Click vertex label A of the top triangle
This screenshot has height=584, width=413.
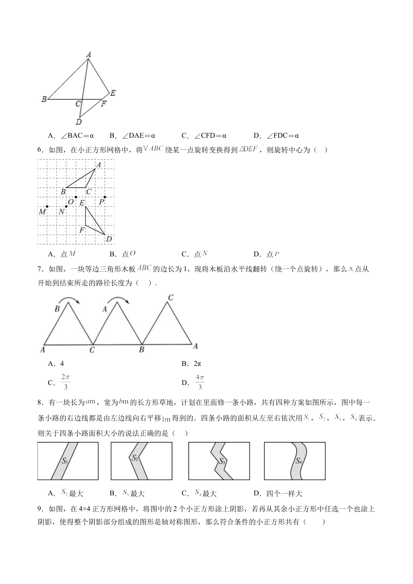point(89,55)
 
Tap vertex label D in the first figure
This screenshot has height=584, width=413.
point(79,122)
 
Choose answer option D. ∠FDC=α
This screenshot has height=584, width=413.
point(276,136)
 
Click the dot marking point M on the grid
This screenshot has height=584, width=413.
point(47,206)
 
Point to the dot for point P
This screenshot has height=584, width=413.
point(104,197)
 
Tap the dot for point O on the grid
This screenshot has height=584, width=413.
point(76,197)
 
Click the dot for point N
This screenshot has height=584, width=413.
point(66,206)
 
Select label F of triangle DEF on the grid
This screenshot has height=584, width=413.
point(81,230)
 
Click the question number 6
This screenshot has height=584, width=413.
point(40,150)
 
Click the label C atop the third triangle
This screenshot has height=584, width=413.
point(171,298)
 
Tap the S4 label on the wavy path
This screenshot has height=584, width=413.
point(299,461)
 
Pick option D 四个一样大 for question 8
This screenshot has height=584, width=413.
point(278,493)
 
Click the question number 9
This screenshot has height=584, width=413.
point(40,509)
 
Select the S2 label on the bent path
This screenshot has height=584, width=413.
point(135,458)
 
